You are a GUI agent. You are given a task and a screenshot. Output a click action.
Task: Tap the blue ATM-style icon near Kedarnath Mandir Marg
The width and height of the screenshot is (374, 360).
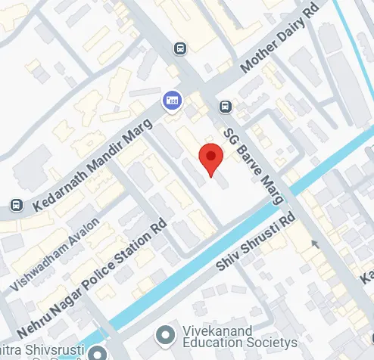coord(173,100)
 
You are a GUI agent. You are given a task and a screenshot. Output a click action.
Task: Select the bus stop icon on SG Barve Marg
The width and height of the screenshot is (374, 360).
coord(225,107)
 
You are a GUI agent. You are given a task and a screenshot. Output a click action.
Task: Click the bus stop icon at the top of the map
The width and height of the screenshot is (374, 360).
coord(180,49)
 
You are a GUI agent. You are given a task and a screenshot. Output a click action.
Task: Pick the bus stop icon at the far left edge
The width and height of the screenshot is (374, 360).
coord(16,205)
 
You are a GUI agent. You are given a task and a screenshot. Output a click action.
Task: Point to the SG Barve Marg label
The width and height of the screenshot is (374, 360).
coord(254,166)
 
